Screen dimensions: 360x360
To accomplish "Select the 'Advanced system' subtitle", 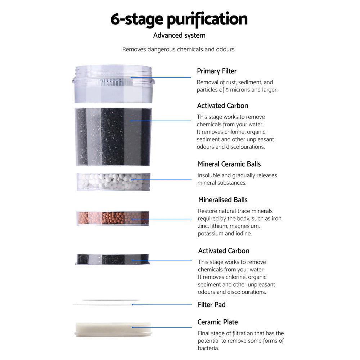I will click(x=179, y=35).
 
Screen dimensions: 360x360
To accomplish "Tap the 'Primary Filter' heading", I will click(x=217, y=71).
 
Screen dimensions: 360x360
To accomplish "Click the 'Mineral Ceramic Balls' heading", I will click(x=229, y=164).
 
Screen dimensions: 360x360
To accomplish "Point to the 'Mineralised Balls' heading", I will click(x=223, y=199).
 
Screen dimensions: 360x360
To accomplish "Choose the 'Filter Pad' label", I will click(x=212, y=305).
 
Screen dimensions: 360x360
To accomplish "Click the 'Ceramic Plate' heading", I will click(x=217, y=322).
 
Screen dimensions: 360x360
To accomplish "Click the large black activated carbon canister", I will click(x=113, y=136).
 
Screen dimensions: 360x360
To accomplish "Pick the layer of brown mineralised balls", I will click(x=113, y=218).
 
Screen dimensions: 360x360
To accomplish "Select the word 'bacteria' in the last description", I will click(x=208, y=348).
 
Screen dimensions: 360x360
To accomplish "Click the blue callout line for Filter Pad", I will click(x=162, y=305).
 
